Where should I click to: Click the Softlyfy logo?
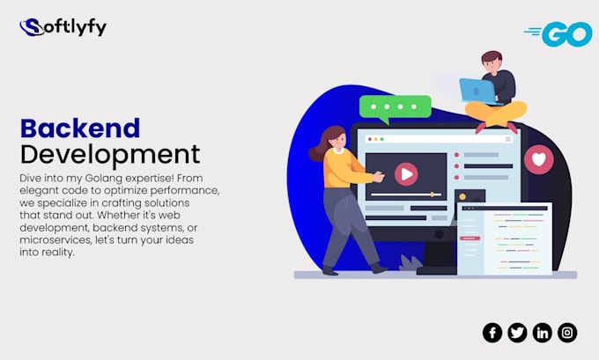click(63, 27)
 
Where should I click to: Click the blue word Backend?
click(80, 129)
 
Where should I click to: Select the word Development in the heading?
click(110, 155)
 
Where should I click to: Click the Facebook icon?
click(492, 332)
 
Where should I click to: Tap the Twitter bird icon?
click(517, 332)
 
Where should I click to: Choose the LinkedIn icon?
click(543, 332)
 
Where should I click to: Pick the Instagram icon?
click(567, 332)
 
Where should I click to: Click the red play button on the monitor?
click(405, 173)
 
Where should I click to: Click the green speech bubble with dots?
click(396, 107)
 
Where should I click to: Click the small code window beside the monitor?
click(504, 238)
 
